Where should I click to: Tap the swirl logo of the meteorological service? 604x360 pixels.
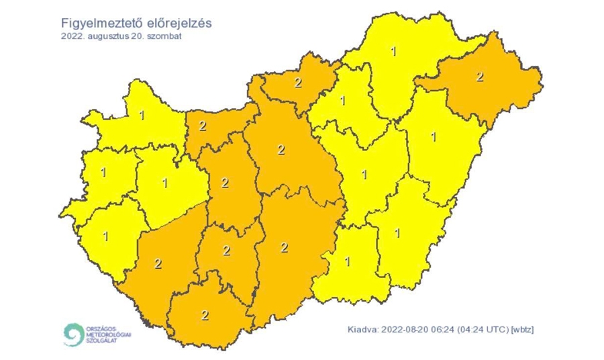[x=72, y=334]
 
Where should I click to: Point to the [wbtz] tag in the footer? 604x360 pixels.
[x=522, y=329]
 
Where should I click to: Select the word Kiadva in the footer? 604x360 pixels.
[x=363, y=329]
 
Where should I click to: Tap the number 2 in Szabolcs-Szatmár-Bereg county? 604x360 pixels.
[x=479, y=77]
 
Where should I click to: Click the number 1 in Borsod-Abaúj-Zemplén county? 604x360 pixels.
[x=393, y=51]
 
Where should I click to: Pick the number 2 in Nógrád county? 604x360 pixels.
[x=298, y=83]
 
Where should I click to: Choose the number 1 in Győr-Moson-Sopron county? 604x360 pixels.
[x=141, y=115]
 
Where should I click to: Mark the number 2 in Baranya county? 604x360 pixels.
[x=205, y=314]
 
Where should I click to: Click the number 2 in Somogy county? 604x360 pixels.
[x=158, y=263]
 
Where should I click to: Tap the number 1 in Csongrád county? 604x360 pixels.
[x=347, y=261]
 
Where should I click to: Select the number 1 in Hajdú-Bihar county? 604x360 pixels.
[x=433, y=137]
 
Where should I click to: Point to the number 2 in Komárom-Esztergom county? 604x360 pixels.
[x=202, y=126]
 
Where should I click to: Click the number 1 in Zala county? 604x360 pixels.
[x=105, y=236]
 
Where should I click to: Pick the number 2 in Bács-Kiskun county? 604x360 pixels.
[x=284, y=248]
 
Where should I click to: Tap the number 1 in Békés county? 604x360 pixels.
[x=397, y=233]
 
